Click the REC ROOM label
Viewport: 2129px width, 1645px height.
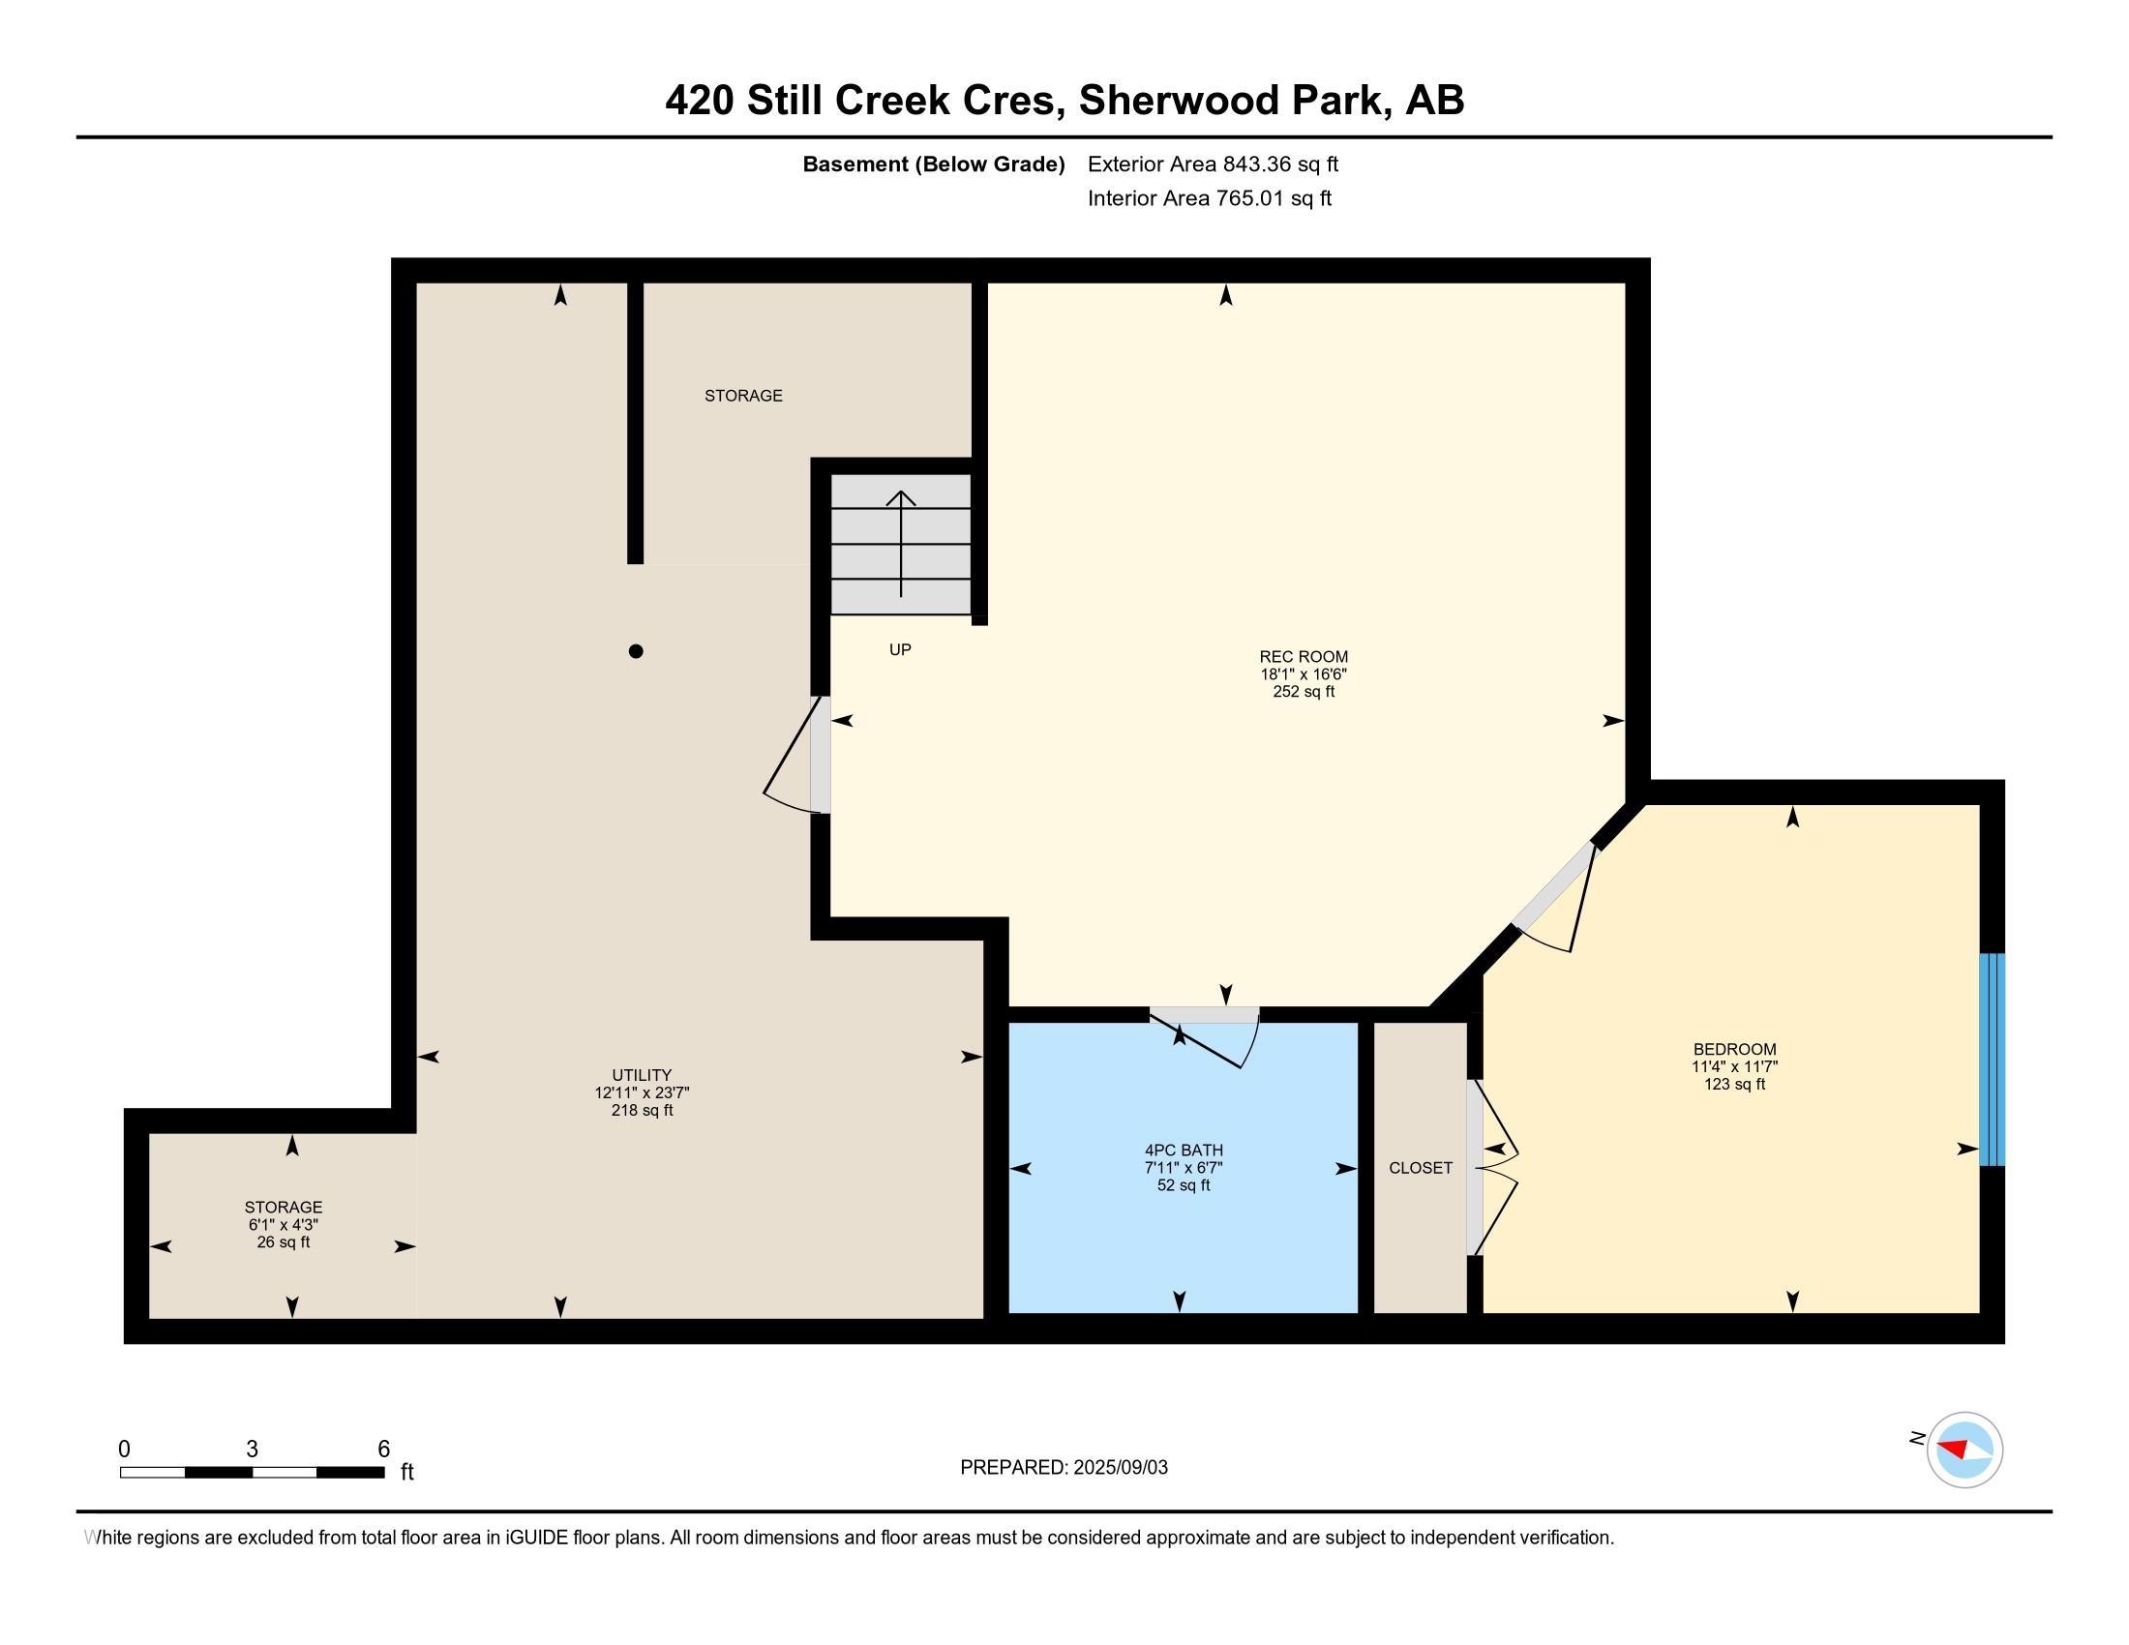[x=1304, y=657]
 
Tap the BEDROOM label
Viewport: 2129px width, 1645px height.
[x=1734, y=1050]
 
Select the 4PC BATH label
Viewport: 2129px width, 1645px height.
[x=1184, y=1151]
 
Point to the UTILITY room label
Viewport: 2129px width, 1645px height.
[x=642, y=1076]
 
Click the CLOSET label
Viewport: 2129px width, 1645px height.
[x=1421, y=1168]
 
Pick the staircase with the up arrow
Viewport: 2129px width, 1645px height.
[x=901, y=544]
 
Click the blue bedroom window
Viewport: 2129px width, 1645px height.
[x=1992, y=1060]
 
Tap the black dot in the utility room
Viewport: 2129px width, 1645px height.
[x=636, y=651]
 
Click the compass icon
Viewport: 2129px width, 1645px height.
[x=1964, y=1450]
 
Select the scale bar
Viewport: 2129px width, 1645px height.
[x=253, y=1472]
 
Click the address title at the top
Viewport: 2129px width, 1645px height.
[x=1064, y=100]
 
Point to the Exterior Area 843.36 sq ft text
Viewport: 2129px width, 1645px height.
[x=1213, y=164]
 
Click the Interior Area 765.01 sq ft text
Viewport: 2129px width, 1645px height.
[x=1209, y=197]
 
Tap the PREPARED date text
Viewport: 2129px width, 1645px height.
[x=1064, y=1467]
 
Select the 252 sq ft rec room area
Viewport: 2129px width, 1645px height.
[x=1304, y=692]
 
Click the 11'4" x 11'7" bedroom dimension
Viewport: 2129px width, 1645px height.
[x=1734, y=1066]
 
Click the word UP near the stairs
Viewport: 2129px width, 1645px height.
[x=900, y=649]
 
